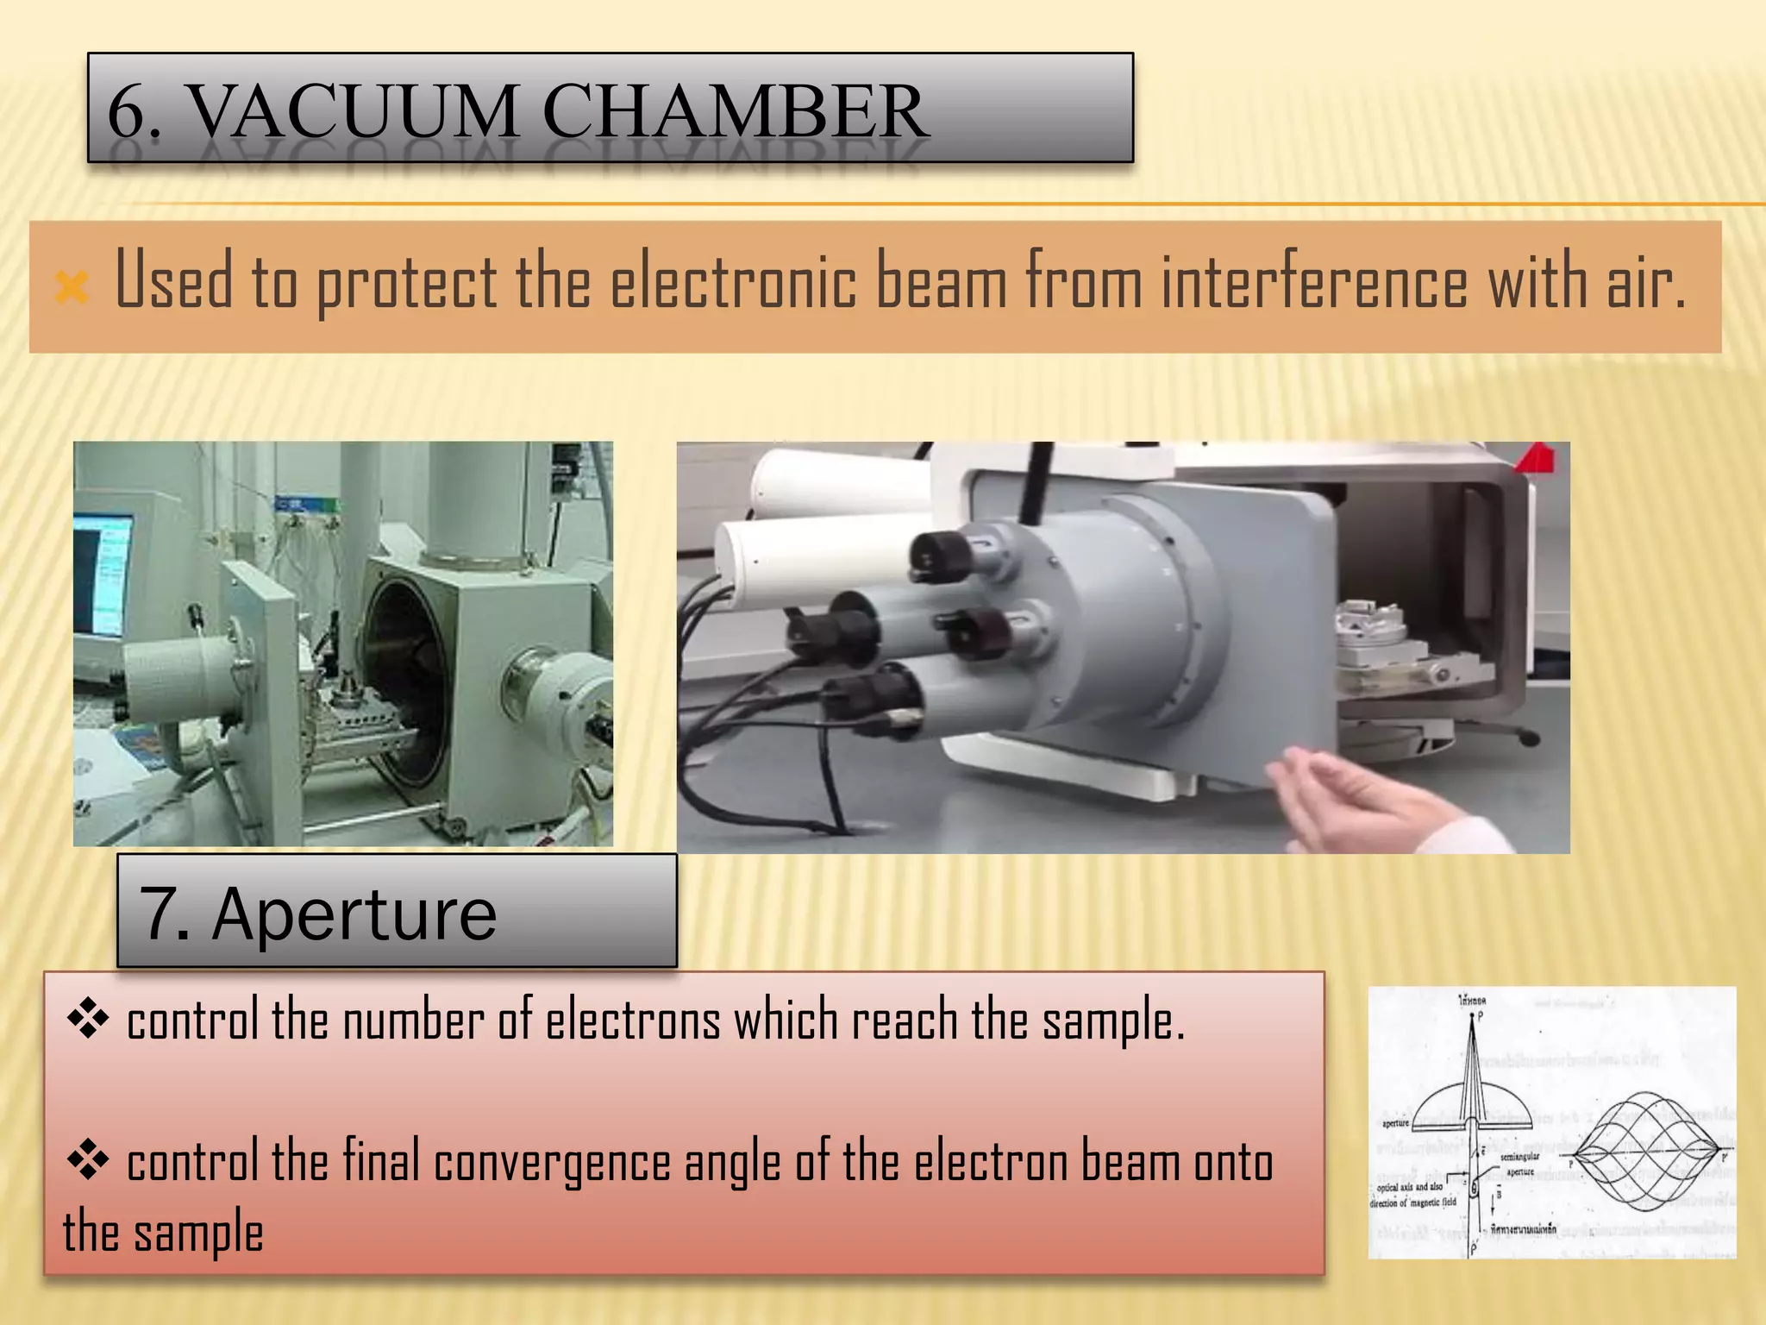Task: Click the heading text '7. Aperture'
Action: tap(318, 914)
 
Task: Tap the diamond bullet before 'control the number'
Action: tap(87, 1021)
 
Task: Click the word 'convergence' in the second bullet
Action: tap(553, 1163)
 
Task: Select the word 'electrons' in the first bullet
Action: tap(633, 1021)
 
